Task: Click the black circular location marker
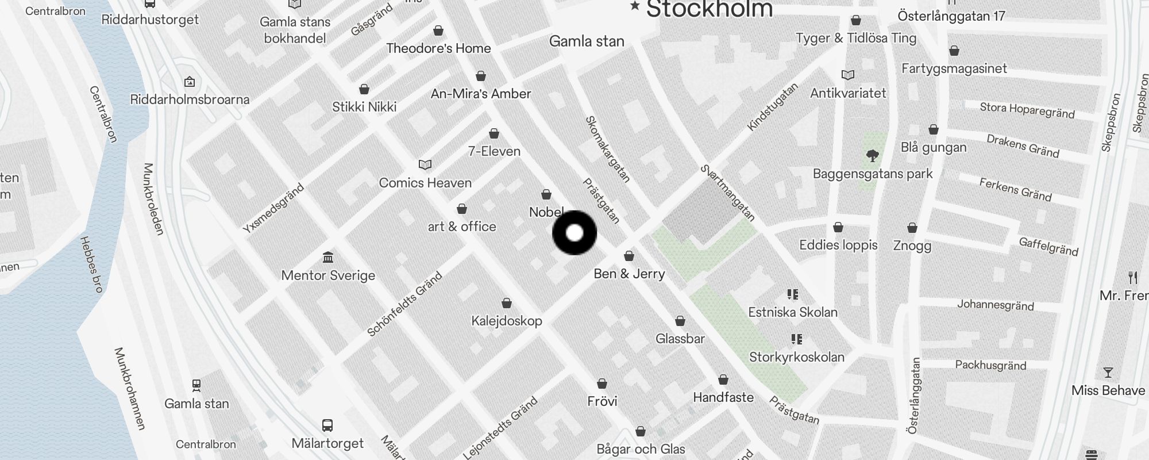(574, 233)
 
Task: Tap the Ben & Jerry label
(629, 274)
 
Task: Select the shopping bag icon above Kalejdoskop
(507, 303)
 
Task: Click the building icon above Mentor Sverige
(328, 256)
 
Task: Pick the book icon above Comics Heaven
(425, 165)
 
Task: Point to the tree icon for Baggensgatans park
(873, 155)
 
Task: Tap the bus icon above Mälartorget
(327, 425)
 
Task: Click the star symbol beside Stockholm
(635, 6)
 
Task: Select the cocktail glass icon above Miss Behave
(1108, 373)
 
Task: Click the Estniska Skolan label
(793, 312)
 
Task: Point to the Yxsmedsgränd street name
(273, 208)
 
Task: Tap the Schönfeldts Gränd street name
(404, 304)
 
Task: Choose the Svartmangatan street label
(727, 193)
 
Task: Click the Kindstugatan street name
(773, 106)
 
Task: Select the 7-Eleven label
(494, 151)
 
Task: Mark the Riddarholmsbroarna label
(190, 99)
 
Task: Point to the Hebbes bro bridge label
(91, 264)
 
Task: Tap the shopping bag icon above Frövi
(602, 384)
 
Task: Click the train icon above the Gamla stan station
(196, 385)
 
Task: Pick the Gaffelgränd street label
(1048, 246)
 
